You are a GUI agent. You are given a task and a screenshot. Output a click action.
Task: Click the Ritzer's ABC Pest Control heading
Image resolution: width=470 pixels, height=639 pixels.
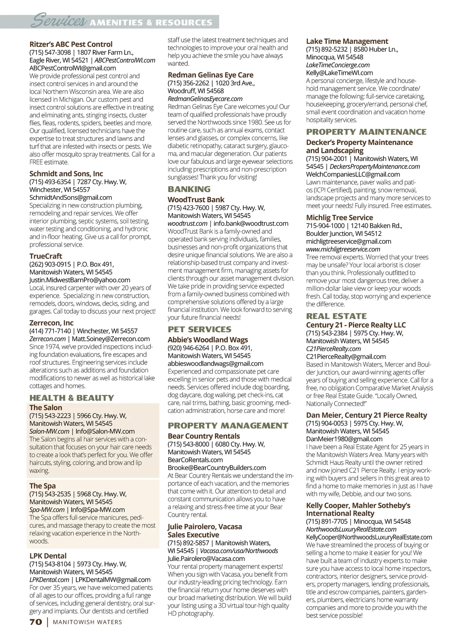[x=71, y=44]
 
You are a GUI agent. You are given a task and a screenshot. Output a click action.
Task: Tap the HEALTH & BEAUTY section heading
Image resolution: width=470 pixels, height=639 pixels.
[x=72, y=398]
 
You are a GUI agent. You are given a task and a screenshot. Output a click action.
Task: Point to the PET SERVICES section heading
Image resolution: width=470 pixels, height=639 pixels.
[x=199, y=329]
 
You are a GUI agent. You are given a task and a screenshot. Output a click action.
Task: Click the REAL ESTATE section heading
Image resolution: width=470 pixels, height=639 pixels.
[x=336, y=316]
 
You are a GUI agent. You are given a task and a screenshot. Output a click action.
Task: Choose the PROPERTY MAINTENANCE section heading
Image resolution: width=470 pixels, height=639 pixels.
[x=366, y=132]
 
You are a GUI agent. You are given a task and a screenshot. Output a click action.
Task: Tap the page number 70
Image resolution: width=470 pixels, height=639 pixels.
[x=36, y=622]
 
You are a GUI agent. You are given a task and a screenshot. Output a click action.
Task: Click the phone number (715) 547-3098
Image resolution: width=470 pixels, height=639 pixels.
[x=50, y=52]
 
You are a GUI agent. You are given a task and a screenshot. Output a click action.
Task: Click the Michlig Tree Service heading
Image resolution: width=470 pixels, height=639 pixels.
[x=339, y=217]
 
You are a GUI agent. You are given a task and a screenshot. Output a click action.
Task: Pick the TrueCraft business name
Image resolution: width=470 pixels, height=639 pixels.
[x=46, y=256]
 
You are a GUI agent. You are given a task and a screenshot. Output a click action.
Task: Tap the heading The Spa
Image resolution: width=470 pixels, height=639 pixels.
[x=43, y=486]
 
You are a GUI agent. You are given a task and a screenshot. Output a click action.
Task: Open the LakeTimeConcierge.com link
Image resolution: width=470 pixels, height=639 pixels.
[x=338, y=65]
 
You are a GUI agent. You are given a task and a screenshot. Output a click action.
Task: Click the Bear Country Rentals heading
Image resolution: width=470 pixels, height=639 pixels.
[x=204, y=436]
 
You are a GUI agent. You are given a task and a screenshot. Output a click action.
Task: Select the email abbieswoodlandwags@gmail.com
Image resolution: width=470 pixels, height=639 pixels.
[x=215, y=364]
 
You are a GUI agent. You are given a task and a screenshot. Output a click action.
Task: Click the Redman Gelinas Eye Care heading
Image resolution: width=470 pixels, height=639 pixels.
[x=210, y=75]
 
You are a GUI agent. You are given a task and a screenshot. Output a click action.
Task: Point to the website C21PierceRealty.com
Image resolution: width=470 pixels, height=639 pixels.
[x=333, y=349]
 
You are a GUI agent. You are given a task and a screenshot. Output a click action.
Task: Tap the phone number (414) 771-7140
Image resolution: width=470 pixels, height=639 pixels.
[x=50, y=331]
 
